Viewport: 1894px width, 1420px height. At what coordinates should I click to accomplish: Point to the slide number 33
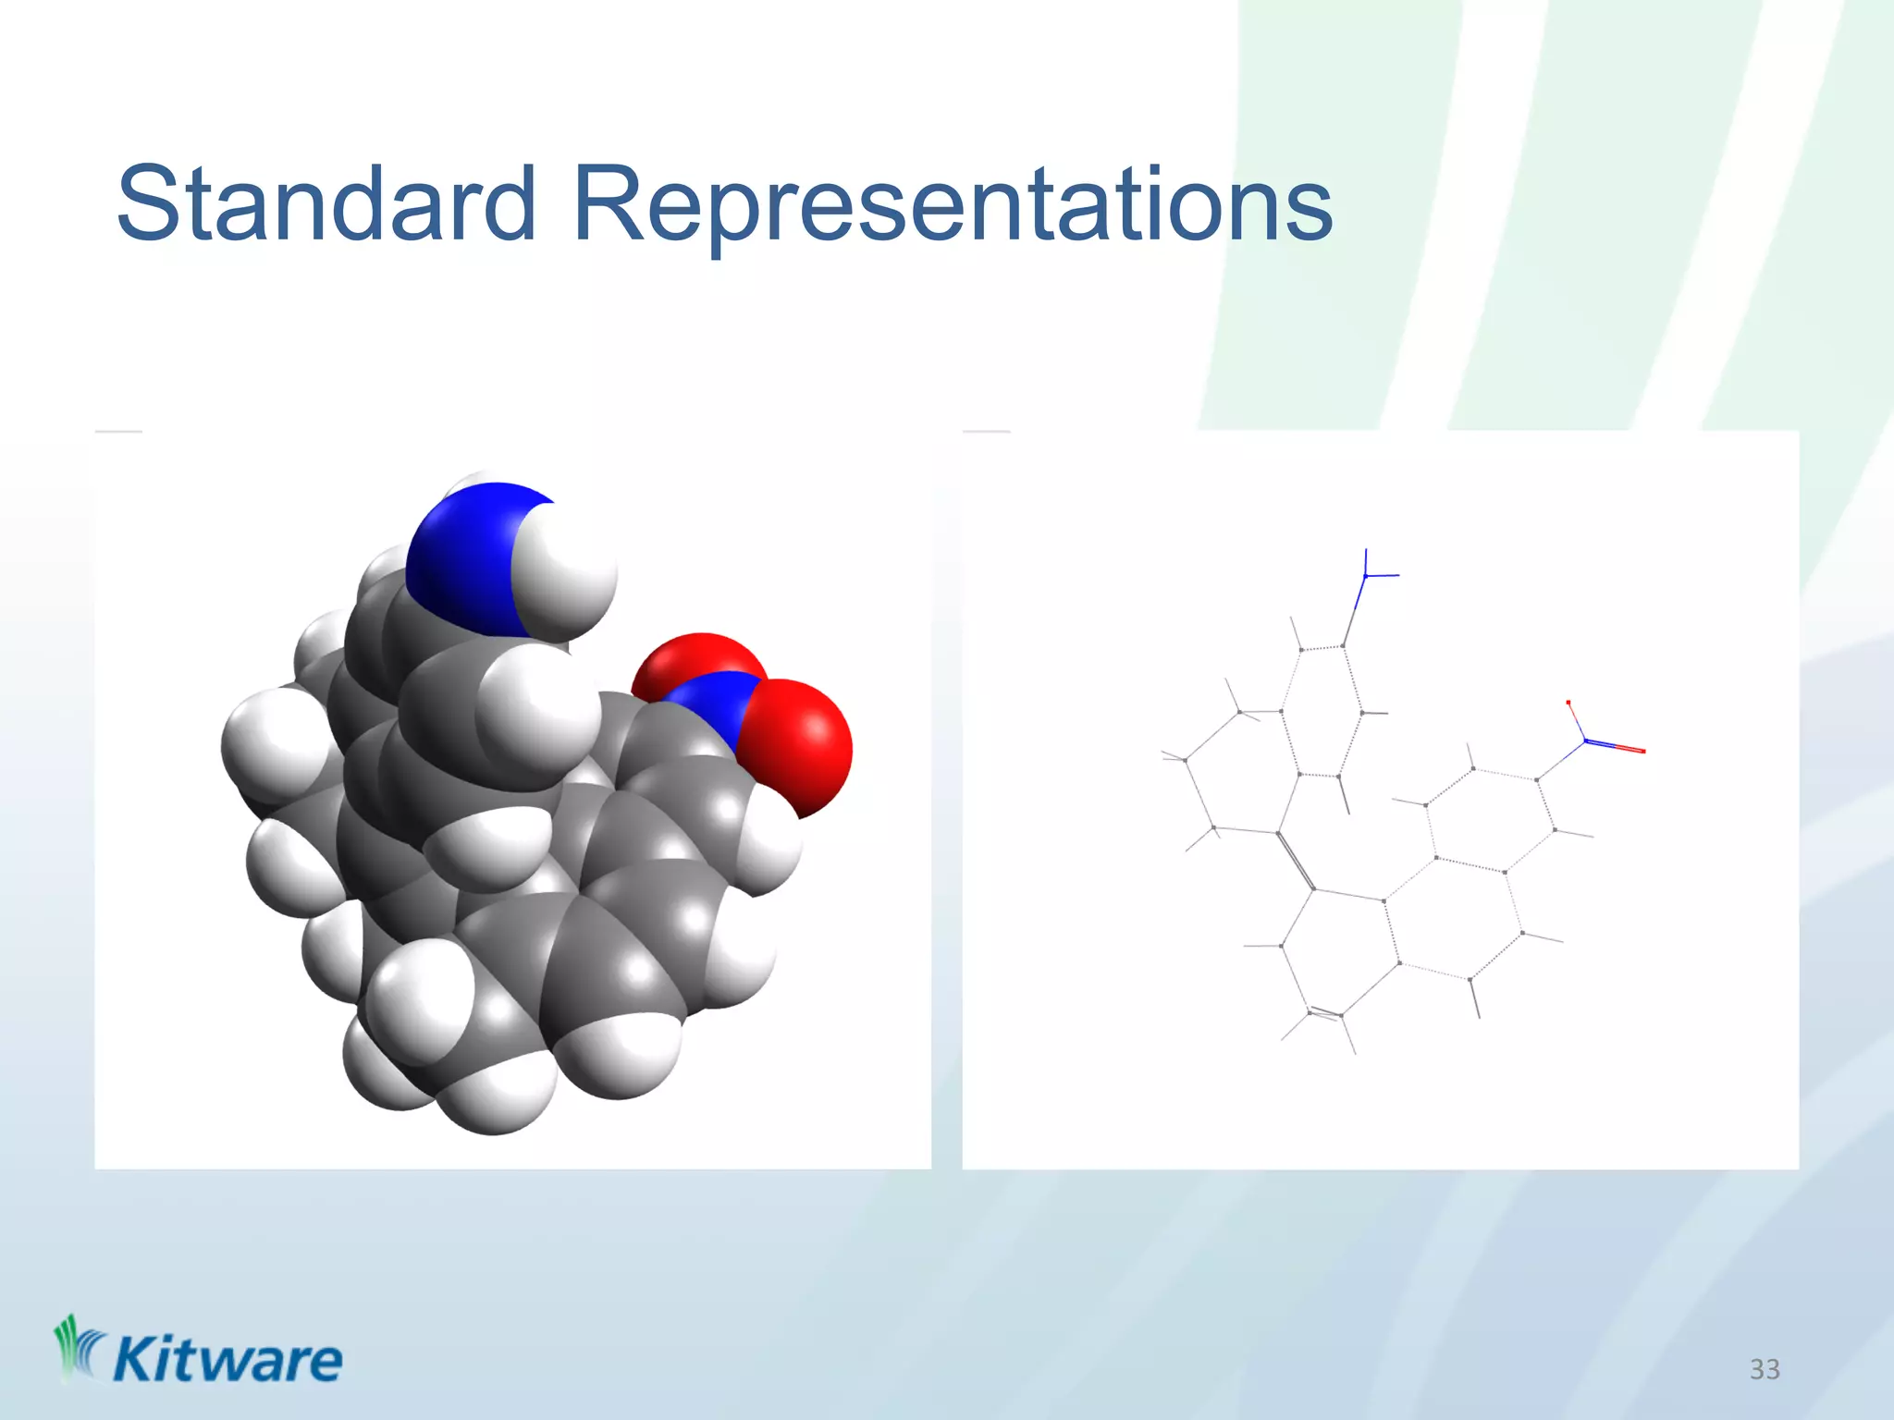tap(1764, 1369)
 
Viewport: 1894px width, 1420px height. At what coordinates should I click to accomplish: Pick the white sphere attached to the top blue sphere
tap(569, 569)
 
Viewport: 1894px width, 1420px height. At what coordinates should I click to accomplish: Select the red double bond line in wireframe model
tap(1618, 747)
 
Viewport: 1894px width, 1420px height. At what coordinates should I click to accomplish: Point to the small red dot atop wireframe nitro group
tap(1568, 703)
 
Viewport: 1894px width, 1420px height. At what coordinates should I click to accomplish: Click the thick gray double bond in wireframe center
tap(1296, 861)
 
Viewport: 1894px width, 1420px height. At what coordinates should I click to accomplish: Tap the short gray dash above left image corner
tap(118, 431)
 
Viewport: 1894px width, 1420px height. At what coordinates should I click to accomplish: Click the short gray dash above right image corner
tap(986, 431)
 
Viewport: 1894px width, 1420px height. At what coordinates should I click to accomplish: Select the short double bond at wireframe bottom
tap(1325, 1014)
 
